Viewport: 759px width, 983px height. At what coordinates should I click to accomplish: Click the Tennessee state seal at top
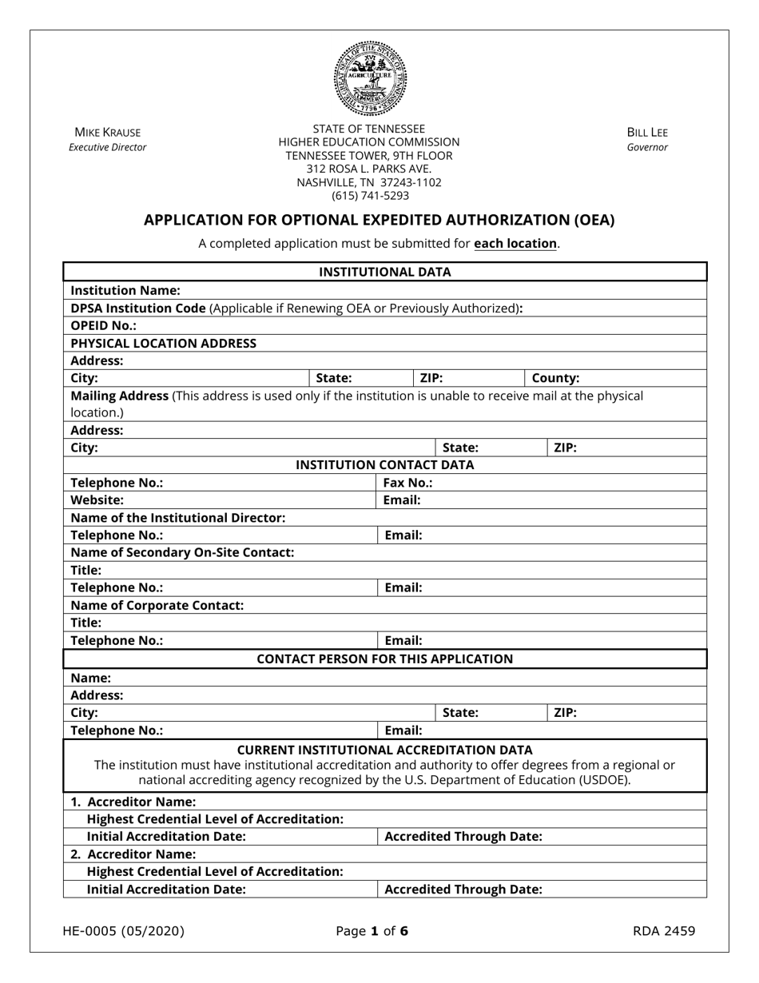click(370, 78)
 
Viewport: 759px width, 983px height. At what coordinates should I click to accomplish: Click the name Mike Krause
click(107, 132)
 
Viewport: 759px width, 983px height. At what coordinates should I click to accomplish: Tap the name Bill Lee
click(647, 132)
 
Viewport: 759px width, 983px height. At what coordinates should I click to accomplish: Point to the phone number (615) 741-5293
click(369, 195)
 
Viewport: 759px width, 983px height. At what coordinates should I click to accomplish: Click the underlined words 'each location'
click(515, 243)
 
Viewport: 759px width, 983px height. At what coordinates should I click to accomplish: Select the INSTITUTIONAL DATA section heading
click(385, 272)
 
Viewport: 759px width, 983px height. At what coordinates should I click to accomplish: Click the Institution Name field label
click(125, 290)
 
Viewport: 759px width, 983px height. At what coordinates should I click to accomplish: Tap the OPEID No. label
click(103, 325)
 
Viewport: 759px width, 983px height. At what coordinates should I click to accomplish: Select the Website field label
click(97, 500)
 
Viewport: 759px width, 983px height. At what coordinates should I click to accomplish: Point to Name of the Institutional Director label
click(177, 518)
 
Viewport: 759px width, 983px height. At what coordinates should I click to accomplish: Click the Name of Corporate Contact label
click(157, 605)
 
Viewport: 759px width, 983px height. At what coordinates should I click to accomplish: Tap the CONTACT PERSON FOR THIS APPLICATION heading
click(385, 659)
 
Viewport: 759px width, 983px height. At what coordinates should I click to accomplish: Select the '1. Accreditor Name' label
click(133, 802)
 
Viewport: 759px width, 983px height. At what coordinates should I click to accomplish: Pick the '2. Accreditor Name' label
click(133, 854)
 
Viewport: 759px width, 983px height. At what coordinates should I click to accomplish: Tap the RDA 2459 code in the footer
click(663, 930)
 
